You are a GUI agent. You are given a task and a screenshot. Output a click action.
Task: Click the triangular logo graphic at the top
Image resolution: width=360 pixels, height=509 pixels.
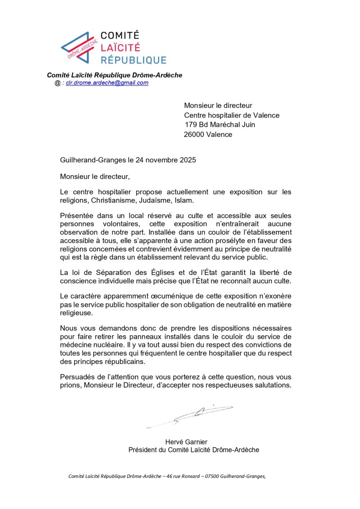click(x=79, y=47)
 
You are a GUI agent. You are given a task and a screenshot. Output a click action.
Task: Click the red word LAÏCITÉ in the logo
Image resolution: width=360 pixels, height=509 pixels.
click(x=120, y=47)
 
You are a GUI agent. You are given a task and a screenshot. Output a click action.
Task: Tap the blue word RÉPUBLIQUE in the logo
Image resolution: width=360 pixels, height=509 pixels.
click(x=133, y=59)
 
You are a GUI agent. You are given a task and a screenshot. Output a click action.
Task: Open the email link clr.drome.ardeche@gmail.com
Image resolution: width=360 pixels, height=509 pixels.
click(x=107, y=83)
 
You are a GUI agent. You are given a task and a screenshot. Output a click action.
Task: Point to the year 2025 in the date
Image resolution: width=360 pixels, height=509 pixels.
click(x=187, y=160)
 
